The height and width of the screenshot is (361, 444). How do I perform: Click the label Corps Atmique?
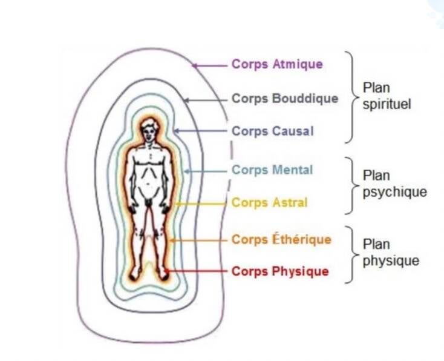click(277, 64)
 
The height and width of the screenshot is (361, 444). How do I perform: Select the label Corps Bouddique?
click(285, 98)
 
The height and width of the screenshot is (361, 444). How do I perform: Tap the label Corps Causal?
click(273, 131)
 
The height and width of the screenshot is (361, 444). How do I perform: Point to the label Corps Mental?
click(272, 170)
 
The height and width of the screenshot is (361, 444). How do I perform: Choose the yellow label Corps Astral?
click(269, 202)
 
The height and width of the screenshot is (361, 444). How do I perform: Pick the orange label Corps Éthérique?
click(281, 240)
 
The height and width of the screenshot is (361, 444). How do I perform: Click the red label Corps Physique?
click(280, 271)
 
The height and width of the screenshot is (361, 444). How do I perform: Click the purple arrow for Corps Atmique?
click(209, 65)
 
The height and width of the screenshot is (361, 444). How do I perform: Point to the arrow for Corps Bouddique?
click(206, 99)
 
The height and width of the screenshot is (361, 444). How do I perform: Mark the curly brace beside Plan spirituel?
click(350, 97)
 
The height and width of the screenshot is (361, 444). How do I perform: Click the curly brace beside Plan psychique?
click(350, 185)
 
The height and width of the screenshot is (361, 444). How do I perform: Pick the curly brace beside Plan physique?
click(350, 254)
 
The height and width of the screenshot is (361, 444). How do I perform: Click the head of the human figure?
click(149, 130)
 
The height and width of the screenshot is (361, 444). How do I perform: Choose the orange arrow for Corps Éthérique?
click(200, 240)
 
